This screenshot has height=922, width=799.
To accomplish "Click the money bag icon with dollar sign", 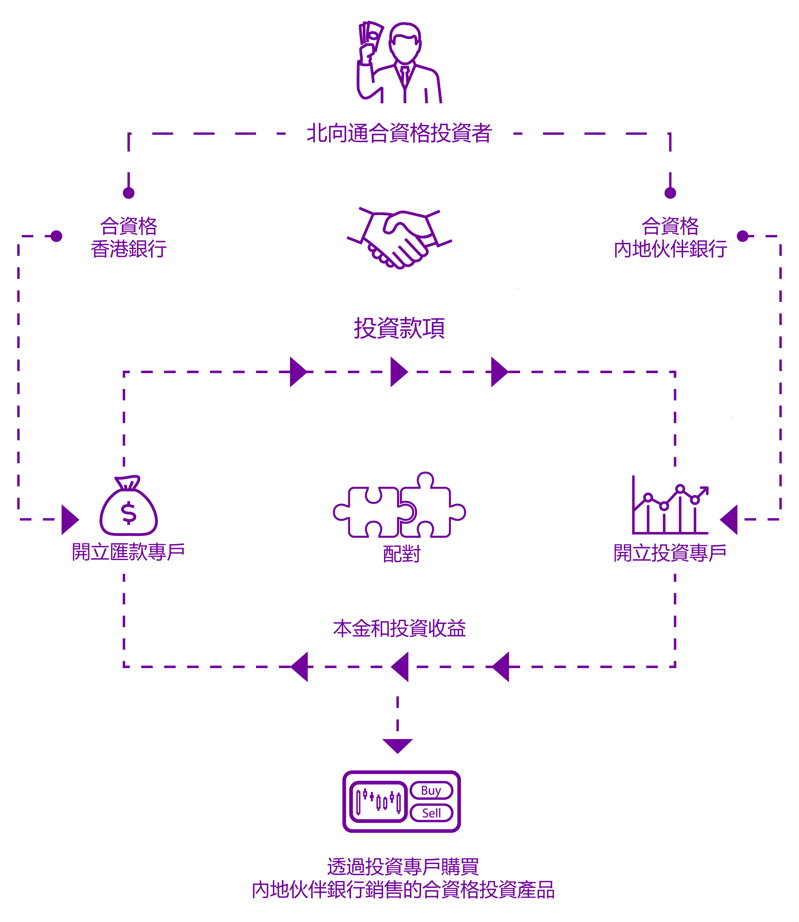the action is (128, 505).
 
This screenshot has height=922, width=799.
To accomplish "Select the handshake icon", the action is (399, 238).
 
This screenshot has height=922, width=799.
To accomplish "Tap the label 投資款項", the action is (399, 328).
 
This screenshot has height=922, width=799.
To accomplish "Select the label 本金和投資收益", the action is (399, 629).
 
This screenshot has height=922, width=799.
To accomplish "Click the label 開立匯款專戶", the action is (128, 552).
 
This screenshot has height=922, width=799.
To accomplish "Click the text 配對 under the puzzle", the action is (402, 554).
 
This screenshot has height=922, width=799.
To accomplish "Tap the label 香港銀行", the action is (128, 249).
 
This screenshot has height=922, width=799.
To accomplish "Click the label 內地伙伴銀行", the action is (670, 249).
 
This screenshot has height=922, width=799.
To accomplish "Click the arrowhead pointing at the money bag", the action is (70, 519).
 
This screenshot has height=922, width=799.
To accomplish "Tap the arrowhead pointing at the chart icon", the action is (729, 519).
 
